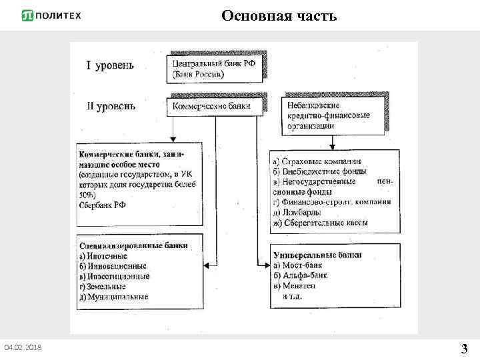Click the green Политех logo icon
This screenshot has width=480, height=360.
click(x=28, y=16)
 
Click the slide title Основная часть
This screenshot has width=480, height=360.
click(x=279, y=15)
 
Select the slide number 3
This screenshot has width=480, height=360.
click(x=464, y=348)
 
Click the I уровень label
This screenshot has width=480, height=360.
click(x=110, y=65)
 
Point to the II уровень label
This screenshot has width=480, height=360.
click(x=111, y=105)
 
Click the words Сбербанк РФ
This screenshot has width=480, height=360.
click(x=103, y=205)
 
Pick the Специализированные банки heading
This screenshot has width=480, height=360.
click(x=133, y=245)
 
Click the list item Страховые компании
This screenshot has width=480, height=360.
click(x=317, y=161)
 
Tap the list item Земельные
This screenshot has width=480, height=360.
click(x=105, y=286)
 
